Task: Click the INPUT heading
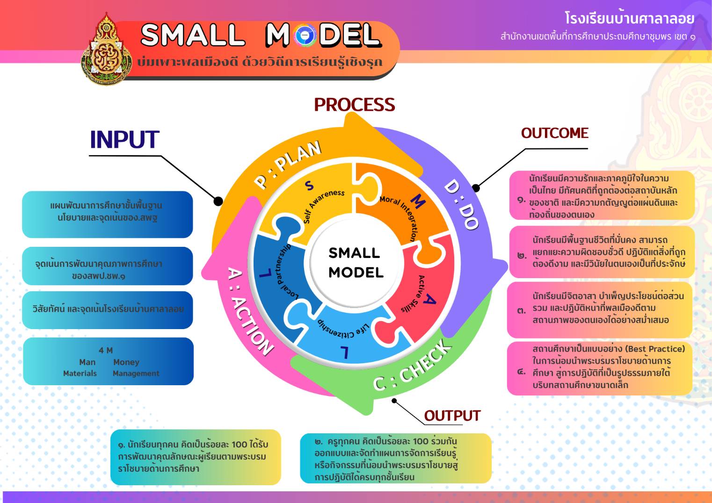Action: pos(124,139)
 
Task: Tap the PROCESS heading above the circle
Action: pos(354,105)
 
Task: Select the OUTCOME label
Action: pos(554,133)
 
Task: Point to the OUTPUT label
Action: pos(452,416)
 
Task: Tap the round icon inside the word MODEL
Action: pos(305,36)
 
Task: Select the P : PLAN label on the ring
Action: pos(288,164)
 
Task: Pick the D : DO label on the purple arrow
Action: pos(461,204)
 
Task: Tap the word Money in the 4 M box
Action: pos(126,362)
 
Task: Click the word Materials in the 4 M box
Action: pos(80,374)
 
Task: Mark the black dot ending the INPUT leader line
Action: pos(218,201)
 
